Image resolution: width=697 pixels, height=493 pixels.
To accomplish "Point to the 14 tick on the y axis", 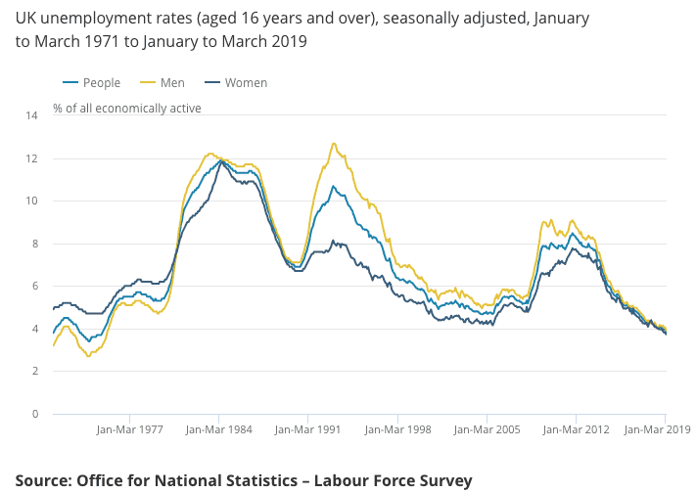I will coord(31,116).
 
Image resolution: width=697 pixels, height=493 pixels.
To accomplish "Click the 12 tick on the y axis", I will coord(31,158).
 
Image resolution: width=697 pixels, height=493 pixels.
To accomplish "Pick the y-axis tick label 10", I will coord(31,202).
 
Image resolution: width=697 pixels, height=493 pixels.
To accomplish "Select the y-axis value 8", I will coord(34,244).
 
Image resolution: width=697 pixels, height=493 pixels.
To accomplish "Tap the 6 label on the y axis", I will coord(34,287).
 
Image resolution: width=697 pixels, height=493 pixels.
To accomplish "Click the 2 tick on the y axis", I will coord(34,372).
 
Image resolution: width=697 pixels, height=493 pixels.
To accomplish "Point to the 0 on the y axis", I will coord(34,414).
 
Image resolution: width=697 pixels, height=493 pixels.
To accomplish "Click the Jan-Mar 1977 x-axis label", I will coord(130,429).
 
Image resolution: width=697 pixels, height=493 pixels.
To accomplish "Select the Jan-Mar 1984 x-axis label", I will coord(219,429).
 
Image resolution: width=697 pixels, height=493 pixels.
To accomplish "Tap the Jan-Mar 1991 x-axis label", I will coord(307,429).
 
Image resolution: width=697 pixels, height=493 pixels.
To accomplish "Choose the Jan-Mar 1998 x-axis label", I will coord(397,429).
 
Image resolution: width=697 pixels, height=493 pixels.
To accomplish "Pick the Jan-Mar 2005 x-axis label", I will coord(487,429).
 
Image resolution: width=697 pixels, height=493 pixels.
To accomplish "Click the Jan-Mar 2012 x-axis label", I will coord(577,429).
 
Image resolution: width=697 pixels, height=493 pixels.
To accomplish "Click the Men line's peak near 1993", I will coord(334,144).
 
